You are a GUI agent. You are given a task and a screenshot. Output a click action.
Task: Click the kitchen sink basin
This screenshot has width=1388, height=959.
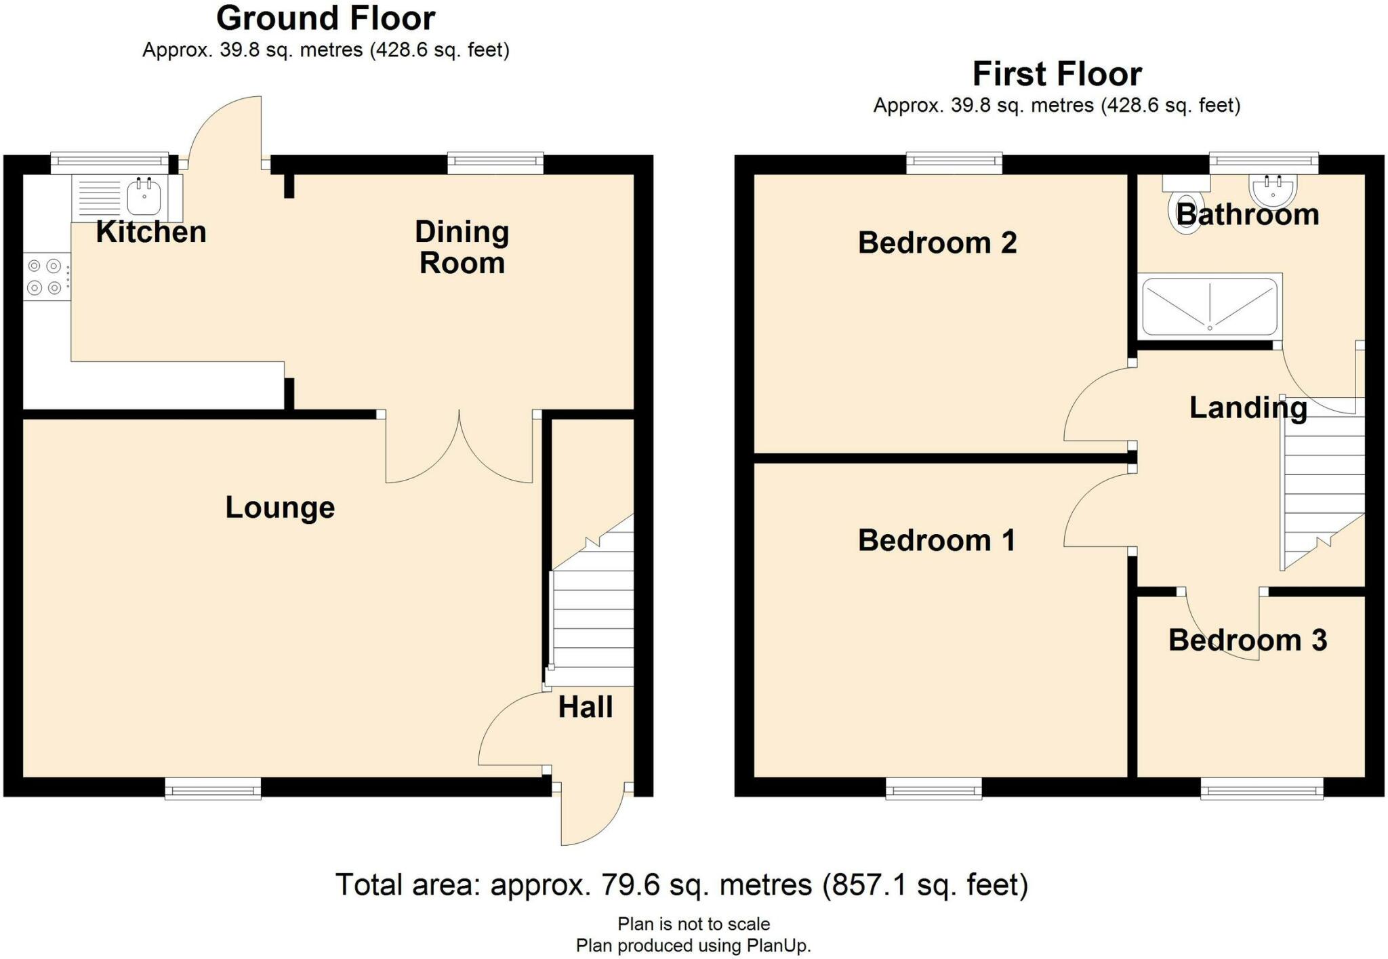144,197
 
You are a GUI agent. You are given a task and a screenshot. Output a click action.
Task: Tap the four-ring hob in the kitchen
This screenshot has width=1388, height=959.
45,277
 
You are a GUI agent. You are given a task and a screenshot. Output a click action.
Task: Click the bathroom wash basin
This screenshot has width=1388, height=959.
1273,190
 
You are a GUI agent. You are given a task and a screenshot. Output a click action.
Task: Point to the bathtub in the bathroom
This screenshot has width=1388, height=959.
1210,306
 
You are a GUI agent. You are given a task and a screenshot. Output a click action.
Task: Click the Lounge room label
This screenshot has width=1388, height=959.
280,508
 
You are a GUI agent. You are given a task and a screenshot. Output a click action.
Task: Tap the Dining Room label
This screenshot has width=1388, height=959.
462,247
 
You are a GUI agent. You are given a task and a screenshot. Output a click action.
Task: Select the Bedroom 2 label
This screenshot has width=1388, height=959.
937,243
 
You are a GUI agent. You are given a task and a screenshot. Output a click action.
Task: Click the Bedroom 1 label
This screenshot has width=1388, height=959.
937,540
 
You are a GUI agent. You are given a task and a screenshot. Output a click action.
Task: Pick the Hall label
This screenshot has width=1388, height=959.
586,707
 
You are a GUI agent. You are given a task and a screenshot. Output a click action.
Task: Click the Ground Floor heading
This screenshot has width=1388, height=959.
325,18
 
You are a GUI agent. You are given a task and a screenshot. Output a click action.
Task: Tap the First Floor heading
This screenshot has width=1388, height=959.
1057,74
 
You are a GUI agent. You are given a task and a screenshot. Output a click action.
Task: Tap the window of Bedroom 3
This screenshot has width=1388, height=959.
1262,789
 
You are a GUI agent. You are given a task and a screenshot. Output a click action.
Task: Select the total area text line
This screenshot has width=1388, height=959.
682,885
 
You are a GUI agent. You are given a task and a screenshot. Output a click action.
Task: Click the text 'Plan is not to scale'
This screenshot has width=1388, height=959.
693,924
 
